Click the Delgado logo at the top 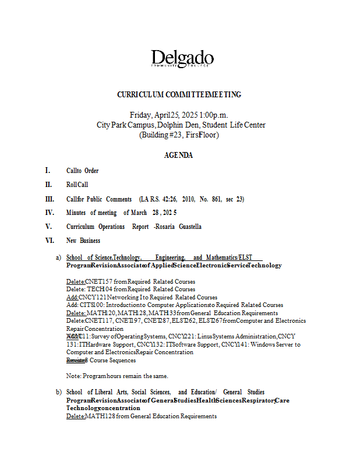pyautogui.click(x=182, y=59)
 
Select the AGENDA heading pyautogui.click(x=178, y=156)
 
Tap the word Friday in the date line pyautogui.click(x=141, y=115)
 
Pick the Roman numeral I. pyautogui.click(x=47, y=171)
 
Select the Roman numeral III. pyautogui.click(x=50, y=199)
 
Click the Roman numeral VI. pyautogui.click(x=50, y=241)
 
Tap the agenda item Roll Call pyautogui.click(x=77, y=185)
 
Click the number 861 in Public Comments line pyautogui.click(x=218, y=199)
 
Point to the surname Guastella pyautogui.click(x=188, y=227)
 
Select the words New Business pyautogui.click(x=83, y=241)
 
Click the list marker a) pyautogui.click(x=58, y=257)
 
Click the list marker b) pyautogui.click(x=58, y=392)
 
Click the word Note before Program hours pyautogui.click(x=73, y=376)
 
